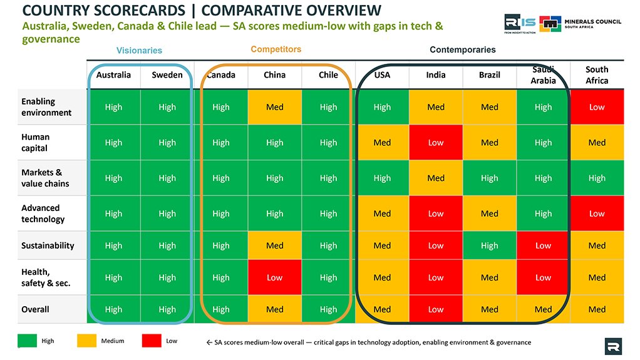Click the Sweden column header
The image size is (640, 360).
point(167,75)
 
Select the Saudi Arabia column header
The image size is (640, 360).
point(543,75)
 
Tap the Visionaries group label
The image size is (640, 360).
point(139,50)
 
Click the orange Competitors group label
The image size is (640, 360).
point(276,49)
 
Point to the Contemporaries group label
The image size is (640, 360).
point(462,49)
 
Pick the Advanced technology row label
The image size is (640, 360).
point(43,213)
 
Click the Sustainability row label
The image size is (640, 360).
point(48,245)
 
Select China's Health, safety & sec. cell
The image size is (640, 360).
point(275,277)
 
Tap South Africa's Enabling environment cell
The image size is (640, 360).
point(597,107)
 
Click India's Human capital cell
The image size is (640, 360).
point(436,143)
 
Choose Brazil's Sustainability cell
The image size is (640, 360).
point(489,245)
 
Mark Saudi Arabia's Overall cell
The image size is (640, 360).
point(544,309)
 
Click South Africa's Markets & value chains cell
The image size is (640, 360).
point(597,178)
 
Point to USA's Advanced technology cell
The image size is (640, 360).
point(382,213)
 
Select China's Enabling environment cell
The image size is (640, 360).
point(275,107)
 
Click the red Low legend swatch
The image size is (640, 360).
point(152,341)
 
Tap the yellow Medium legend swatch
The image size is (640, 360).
point(86,341)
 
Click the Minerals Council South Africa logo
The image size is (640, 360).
point(580,24)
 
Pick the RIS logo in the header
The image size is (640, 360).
point(520,24)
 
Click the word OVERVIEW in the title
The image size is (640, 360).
point(291,10)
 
